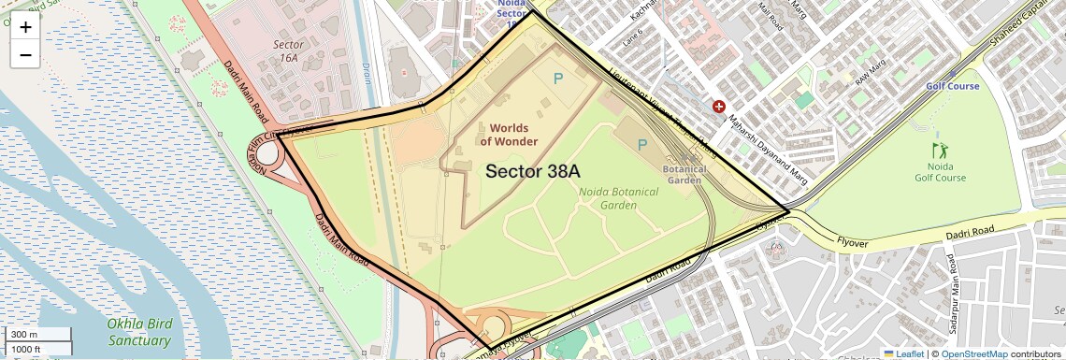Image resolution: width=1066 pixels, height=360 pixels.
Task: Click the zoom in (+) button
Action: tap(25, 27)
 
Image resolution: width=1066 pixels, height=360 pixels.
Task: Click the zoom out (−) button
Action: tap(25, 54)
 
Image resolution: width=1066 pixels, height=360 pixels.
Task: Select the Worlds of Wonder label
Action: tap(509, 135)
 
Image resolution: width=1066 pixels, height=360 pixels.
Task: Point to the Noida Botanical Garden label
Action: tap(618, 198)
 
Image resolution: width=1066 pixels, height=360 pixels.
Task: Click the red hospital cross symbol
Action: tap(719, 108)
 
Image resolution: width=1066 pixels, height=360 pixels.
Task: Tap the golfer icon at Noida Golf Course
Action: tap(940, 151)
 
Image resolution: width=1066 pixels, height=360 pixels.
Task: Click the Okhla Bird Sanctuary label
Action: tap(139, 332)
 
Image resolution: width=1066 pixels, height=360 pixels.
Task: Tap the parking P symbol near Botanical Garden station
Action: tap(641, 145)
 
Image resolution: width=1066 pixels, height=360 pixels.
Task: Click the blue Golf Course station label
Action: tap(952, 86)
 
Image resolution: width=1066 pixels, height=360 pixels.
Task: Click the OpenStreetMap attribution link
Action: tap(973, 353)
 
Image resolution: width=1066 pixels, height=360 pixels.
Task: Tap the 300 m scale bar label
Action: tap(24, 334)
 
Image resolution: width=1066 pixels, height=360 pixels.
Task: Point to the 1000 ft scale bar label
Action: tap(27, 349)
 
